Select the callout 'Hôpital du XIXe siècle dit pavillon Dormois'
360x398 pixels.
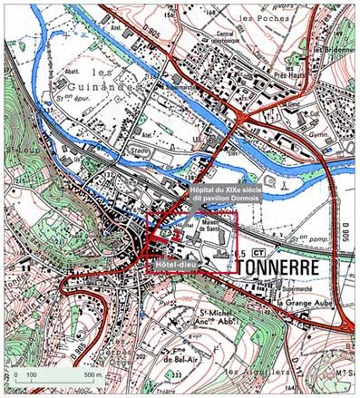pos(227,193)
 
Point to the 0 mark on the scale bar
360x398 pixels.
pos(15,374)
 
